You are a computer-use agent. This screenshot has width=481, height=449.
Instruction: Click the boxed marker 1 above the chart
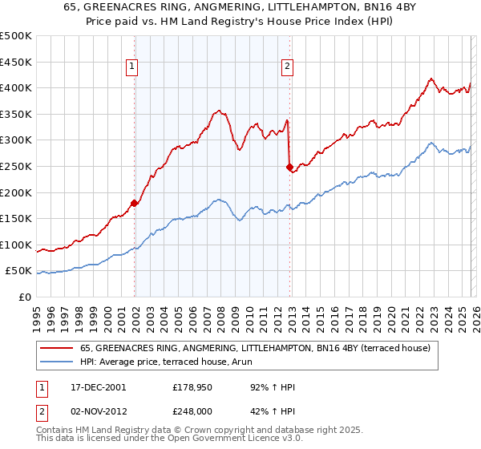[131, 67]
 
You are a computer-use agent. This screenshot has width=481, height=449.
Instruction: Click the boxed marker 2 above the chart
[286, 67]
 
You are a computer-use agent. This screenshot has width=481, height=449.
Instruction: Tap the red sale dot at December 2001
[135, 203]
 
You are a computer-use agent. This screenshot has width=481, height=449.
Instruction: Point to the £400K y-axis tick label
[16, 88]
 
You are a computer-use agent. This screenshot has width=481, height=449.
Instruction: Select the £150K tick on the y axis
[16, 218]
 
